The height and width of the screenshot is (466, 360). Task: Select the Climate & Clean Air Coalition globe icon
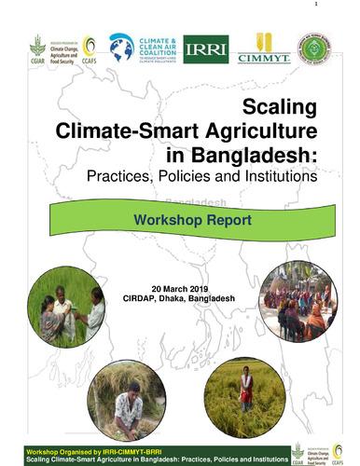pyautogui.click(x=121, y=47)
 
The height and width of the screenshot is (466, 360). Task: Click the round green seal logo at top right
pyautogui.click(x=313, y=48)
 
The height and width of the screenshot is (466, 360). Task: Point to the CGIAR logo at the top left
pyautogui.click(x=37, y=48)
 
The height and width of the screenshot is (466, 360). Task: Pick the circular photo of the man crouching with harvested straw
pyautogui.click(x=126, y=400)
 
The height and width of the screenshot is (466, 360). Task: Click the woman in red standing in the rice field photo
pyautogui.click(x=246, y=387)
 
